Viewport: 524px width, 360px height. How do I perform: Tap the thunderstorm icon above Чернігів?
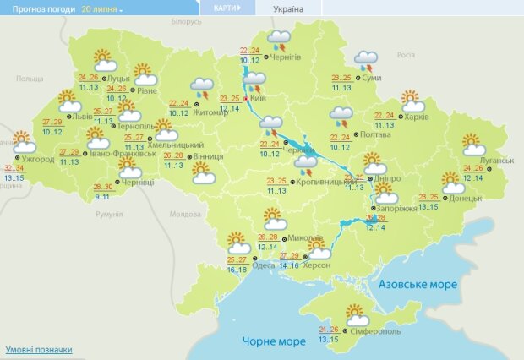(278, 40)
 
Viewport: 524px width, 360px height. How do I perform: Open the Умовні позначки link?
(39, 349)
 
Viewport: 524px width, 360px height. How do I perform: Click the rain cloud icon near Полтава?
(341, 117)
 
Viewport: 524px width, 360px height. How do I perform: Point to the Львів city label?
(82, 117)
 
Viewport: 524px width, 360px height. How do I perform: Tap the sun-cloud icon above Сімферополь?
(357, 314)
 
